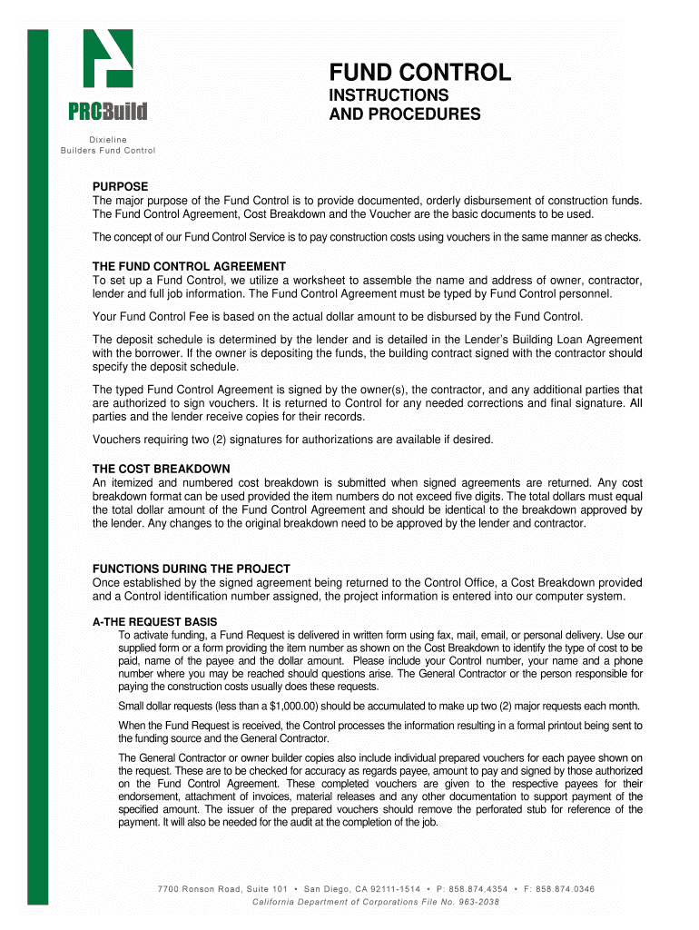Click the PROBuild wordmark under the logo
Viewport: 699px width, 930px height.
(108, 113)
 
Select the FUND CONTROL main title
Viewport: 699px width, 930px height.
(419, 73)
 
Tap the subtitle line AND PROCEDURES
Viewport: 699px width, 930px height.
(404, 114)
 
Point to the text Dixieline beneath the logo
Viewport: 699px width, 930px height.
(107, 139)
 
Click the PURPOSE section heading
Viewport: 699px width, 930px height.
(121, 186)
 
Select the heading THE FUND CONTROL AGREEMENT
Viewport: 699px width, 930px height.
(189, 266)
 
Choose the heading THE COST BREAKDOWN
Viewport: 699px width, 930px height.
(161, 469)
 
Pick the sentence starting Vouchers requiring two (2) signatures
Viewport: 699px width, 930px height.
(292, 440)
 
